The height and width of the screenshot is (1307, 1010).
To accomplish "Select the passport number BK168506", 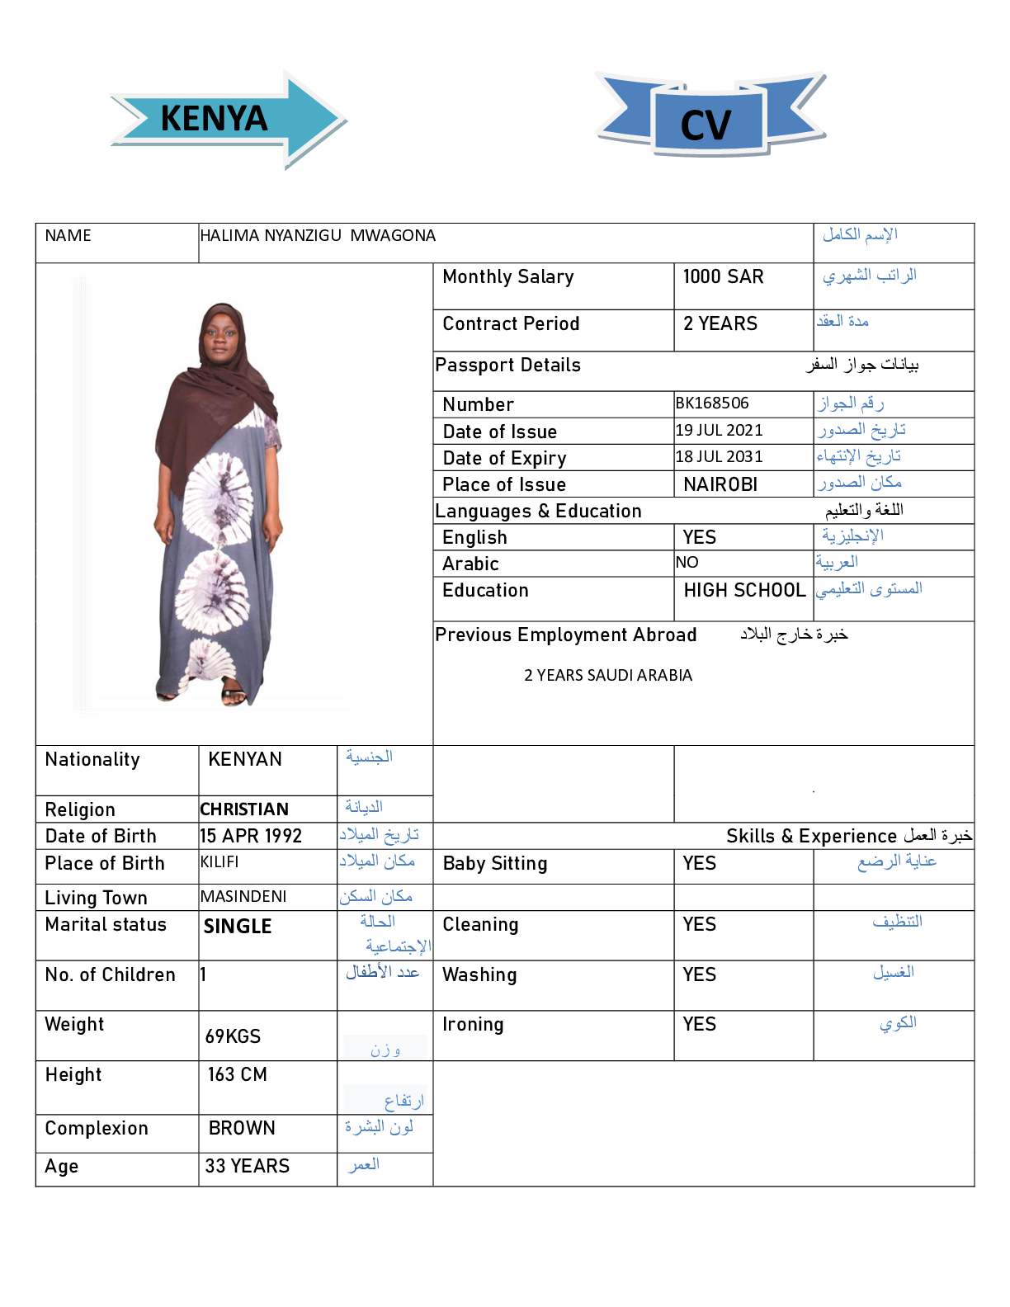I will click(x=712, y=403).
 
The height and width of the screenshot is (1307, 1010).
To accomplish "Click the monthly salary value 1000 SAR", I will click(x=723, y=277).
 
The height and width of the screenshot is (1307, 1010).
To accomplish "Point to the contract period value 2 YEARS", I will click(x=720, y=323).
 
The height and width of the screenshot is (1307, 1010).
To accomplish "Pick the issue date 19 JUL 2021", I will click(x=719, y=430).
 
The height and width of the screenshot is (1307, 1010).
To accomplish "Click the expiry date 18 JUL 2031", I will click(x=719, y=456).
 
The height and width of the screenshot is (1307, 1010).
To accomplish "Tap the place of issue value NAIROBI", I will click(x=720, y=484).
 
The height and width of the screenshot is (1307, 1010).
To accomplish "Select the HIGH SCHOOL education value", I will click(x=744, y=590).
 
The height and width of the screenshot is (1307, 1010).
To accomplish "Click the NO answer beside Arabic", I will click(x=687, y=563).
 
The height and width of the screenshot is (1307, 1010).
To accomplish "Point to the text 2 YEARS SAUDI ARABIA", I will click(x=608, y=676).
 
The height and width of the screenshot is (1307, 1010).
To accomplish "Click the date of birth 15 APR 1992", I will click(x=251, y=836).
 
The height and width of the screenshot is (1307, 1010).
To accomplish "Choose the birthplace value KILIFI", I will click(x=219, y=862).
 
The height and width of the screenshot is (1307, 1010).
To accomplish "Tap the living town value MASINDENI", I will click(x=243, y=897).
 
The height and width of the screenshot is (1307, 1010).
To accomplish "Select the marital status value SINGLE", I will click(x=238, y=927).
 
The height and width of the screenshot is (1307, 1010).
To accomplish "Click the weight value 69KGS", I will click(x=233, y=1036).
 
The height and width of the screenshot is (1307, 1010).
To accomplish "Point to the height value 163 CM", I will click(x=237, y=1074).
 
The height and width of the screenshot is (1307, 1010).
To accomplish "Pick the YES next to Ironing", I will click(x=699, y=1024).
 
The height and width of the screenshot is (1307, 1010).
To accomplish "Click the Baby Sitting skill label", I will click(x=495, y=864).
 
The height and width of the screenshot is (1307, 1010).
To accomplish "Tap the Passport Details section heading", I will click(x=507, y=366).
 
